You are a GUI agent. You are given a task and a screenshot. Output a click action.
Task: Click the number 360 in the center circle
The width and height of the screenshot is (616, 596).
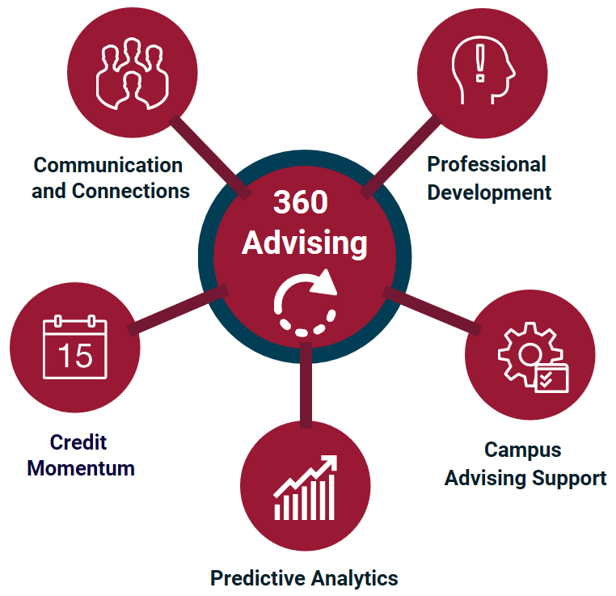coord(301,202)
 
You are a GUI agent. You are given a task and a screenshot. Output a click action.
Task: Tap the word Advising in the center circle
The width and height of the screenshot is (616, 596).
coord(305,243)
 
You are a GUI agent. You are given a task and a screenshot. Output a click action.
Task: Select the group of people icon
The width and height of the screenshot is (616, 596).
coord(133,74)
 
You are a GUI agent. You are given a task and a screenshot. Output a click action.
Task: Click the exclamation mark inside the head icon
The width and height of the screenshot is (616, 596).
coord(480,63)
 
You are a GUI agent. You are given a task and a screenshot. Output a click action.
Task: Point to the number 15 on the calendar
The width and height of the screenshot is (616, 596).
coord(75,356)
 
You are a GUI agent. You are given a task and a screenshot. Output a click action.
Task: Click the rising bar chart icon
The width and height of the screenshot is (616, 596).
coord(306,488)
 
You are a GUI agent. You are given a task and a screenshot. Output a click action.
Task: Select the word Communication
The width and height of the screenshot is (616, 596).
coord(108,165)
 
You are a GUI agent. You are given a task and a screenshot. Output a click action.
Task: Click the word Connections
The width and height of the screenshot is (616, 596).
coord(131,191)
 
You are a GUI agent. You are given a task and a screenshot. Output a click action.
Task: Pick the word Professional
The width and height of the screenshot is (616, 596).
coord(487,164)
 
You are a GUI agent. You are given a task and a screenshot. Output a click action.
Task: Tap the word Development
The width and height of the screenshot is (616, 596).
coord(490,193)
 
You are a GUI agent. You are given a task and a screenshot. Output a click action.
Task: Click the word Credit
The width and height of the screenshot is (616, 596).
coord(78,442)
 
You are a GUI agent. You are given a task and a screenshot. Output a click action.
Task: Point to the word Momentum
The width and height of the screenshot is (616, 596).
coord(81,468)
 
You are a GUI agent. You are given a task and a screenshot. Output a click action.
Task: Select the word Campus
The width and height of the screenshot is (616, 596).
coord(523,450)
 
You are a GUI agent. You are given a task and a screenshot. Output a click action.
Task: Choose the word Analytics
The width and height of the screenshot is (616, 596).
coord(355,579)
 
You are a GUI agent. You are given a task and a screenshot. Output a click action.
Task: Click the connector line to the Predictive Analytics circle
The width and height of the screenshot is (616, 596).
coord(306,385)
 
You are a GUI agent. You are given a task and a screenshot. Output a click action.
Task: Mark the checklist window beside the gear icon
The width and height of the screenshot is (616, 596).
coord(551,378)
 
